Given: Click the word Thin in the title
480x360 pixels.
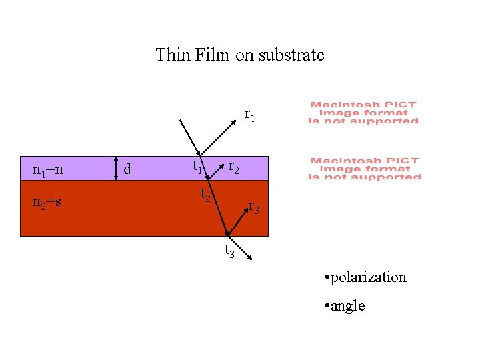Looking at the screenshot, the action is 173,55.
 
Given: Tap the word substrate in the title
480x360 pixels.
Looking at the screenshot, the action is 291,55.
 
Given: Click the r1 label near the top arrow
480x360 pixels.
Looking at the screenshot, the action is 249,115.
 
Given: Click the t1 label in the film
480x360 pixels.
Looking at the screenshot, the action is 198,167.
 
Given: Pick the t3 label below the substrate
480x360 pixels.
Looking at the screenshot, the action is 229,251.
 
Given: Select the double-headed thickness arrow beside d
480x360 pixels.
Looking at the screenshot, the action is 115,168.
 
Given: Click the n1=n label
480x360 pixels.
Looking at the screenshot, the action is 48,170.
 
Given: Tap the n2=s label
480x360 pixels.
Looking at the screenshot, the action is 47,201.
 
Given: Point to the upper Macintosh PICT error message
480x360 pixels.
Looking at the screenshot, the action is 363,113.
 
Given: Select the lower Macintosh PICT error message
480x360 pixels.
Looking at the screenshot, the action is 365,169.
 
